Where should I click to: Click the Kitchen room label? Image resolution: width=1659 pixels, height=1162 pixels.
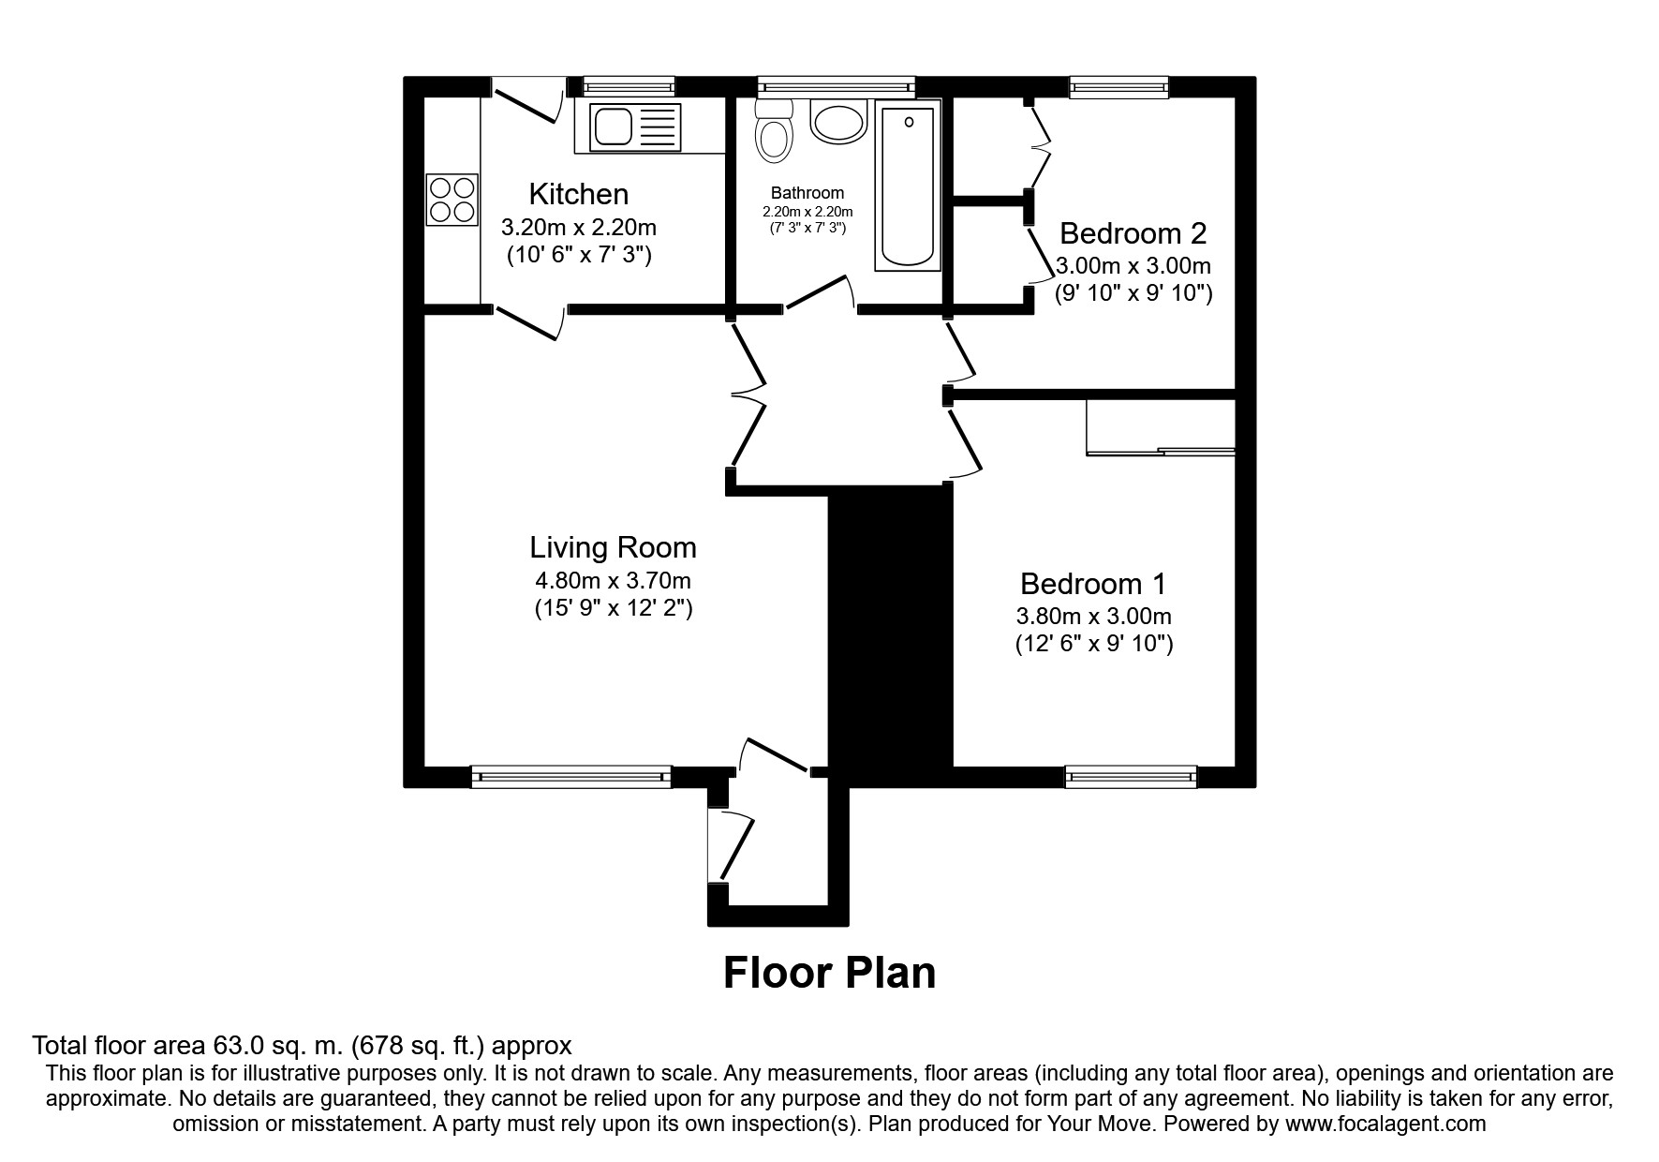pos(578,194)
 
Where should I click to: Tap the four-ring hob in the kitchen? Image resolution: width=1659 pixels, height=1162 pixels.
pos(452,201)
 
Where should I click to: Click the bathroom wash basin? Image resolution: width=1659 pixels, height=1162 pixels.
pos(837,122)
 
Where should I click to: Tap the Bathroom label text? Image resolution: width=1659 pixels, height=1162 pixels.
pos(807,194)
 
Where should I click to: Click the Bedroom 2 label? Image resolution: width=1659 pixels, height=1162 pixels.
pos(1133,232)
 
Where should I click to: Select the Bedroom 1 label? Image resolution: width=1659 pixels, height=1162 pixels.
pos(1093,584)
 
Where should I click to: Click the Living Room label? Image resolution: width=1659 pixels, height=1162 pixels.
pos(613,547)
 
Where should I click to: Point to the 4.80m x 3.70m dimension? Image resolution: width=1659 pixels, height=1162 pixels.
pos(613,581)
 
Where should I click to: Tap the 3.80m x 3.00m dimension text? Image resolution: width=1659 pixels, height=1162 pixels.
pos(1093,617)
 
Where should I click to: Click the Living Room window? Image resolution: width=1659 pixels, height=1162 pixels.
pos(571,776)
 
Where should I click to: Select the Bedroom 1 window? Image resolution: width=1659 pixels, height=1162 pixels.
pos(1131,776)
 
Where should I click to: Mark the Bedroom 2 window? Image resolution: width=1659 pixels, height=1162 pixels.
pos(1119,87)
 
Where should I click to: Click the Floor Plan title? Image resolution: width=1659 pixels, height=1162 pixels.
pos(829,973)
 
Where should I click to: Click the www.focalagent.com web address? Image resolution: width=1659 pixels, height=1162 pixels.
pos(1385,1124)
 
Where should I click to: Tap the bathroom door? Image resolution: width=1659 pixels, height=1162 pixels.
pos(820,292)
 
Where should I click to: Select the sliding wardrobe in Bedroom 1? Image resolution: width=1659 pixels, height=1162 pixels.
pos(1161,427)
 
